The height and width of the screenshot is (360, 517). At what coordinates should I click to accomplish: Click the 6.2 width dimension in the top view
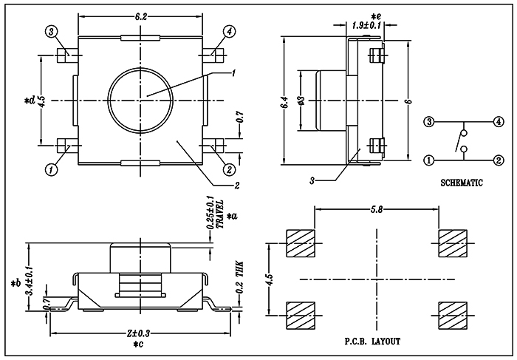[x=140, y=17]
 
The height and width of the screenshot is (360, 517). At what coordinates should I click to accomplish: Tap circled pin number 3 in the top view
[x=51, y=32]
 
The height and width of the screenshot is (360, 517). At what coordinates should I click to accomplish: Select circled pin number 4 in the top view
[x=229, y=32]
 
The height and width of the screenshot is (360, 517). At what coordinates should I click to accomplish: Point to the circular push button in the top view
[x=140, y=101]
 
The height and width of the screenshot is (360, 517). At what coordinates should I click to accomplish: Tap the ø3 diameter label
[x=303, y=101]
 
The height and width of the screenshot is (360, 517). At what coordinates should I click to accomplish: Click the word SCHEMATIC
[x=462, y=183]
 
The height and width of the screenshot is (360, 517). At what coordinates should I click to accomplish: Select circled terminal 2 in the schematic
[x=499, y=160]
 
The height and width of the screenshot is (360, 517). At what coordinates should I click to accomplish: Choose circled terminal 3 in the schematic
[x=428, y=122]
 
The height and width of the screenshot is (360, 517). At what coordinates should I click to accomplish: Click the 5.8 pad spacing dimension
[x=377, y=210]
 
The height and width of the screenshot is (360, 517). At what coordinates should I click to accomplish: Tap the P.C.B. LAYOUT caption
[x=372, y=342]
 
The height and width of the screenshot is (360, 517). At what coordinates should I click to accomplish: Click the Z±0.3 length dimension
[x=138, y=333]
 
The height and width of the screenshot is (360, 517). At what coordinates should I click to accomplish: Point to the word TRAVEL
[x=219, y=214]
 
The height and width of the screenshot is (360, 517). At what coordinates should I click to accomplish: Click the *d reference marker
[x=30, y=101]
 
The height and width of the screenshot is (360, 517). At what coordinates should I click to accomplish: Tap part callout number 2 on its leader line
[x=236, y=186]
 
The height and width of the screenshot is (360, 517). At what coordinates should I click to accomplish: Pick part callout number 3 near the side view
[x=312, y=180]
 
